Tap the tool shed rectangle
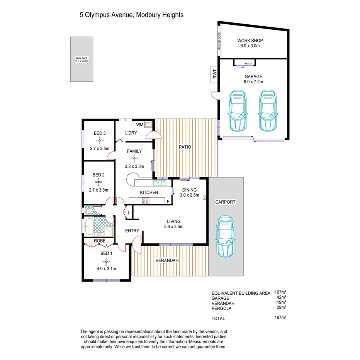click(82, 59)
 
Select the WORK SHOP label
click(250, 41)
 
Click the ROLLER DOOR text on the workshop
click(219, 41)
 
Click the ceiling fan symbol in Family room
click(134, 158)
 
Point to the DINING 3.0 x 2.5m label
click(190, 192)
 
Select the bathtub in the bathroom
click(89, 226)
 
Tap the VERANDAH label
click(167, 261)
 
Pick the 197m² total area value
click(281, 318)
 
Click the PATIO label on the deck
click(185, 147)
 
